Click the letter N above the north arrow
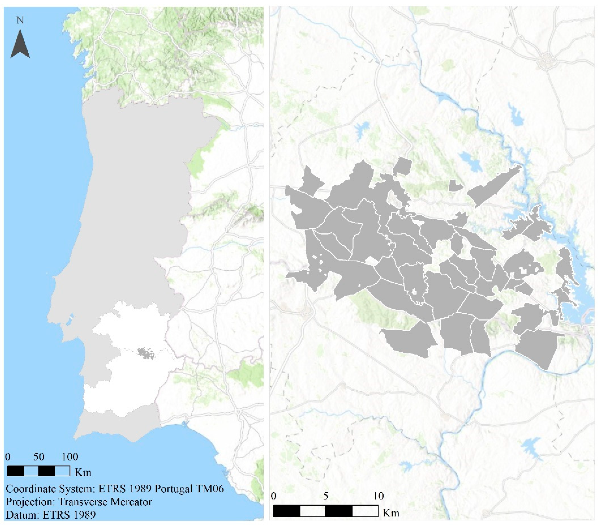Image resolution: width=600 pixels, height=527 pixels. [20, 21]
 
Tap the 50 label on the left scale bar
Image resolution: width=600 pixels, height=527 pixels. [39, 457]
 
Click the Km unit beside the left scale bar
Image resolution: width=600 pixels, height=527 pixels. [83, 472]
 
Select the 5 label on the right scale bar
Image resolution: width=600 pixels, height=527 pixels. [326, 496]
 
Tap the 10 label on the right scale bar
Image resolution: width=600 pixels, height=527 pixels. [378, 496]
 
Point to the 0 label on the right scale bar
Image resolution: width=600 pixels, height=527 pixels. [274, 496]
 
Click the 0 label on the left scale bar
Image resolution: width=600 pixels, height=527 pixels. [8, 457]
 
